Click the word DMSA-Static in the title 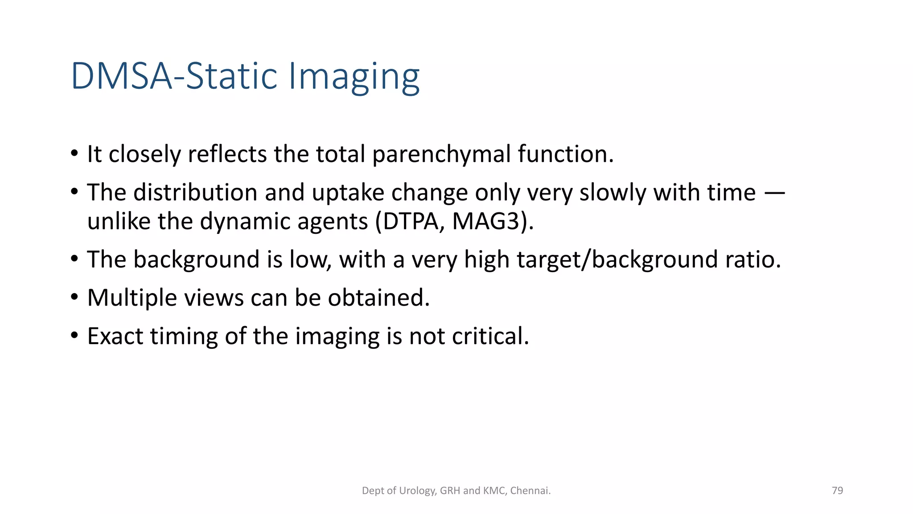(173, 76)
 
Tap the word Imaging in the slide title (354, 77)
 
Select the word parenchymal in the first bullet (441, 154)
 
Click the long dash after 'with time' (774, 193)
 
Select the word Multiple (132, 298)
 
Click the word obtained (378, 298)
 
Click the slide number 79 (837, 491)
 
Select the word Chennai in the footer (530, 491)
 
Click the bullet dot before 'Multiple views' (74, 297)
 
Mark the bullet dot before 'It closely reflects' (74, 153)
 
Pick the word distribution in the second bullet (195, 193)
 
